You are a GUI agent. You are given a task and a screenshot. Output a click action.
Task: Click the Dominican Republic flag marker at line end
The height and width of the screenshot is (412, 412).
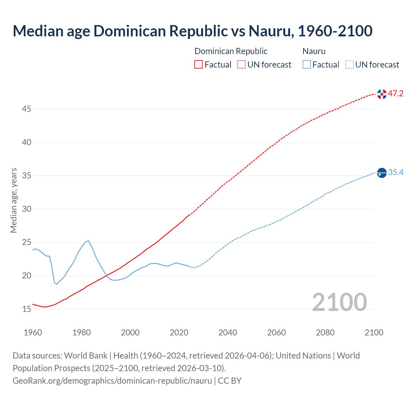click(x=382, y=94)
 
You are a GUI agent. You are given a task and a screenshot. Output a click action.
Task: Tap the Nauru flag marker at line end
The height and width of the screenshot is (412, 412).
click(x=382, y=173)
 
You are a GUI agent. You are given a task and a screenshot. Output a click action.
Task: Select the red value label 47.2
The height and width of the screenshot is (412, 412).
click(x=396, y=94)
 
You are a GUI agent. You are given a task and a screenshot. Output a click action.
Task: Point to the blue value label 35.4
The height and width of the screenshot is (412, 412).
click(x=396, y=173)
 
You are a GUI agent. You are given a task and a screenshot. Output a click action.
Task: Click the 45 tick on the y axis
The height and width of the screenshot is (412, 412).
click(x=26, y=109)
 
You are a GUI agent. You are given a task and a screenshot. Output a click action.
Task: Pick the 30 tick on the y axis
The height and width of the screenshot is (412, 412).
click(x=26, y=209)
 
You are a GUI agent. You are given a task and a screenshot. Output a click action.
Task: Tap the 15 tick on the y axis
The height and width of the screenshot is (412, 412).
click(x=26, y=309)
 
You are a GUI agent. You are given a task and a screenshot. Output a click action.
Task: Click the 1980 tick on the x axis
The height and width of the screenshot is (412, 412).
click(x=81, y=332)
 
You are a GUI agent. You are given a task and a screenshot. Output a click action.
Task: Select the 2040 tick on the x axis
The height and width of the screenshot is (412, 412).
click(x=228, y=332)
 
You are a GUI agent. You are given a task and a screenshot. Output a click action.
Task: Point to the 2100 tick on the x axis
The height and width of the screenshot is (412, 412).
click(x=374, y=332)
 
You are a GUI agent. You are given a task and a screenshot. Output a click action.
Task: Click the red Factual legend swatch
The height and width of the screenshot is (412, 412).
click(x=199, y=65)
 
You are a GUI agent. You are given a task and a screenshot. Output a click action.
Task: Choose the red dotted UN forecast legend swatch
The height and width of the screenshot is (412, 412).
click(x=241, y=65)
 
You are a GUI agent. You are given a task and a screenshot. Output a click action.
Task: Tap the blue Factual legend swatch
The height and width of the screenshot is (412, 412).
click(x=307, y=65)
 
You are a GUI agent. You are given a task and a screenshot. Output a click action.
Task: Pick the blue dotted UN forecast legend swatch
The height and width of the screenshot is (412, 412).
click(x=349, y=65)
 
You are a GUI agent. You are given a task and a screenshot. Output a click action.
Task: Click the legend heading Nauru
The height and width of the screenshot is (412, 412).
click(x=314, y=51)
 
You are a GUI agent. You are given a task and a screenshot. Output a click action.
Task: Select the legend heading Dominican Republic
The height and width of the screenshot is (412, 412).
click(x=231, y=51)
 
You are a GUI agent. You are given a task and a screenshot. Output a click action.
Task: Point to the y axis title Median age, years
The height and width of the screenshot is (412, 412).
click(x=14, y=200)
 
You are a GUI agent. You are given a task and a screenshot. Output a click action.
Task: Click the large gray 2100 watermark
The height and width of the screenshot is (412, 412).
click(x=339, y=302)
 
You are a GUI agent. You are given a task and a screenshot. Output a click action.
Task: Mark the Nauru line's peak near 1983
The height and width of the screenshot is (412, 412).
click(x=88, y=240)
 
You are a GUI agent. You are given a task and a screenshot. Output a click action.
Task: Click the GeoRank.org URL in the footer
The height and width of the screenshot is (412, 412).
click(x=112, y=381)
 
